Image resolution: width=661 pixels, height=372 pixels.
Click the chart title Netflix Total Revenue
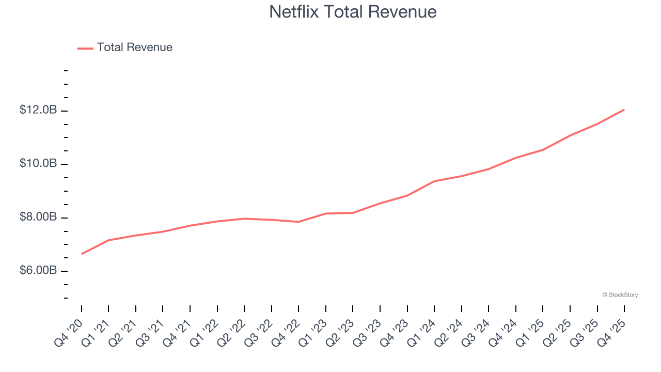pos(353,12)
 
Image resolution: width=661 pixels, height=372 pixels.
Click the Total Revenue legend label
pos(134,48)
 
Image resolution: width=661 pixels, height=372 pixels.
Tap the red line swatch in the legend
pos(85,48)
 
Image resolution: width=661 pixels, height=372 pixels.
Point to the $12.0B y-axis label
pos(38,110)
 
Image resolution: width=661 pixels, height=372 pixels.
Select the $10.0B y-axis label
pos(38,163)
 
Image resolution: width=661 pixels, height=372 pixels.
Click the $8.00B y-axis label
pos(38,217)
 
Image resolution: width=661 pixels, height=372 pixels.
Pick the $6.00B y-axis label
pos(38,271)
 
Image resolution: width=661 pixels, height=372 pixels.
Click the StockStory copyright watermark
pos(620,295)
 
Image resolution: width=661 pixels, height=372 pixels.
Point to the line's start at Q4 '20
pos(82,254)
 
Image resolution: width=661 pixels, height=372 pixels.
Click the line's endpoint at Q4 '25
pos(624,110)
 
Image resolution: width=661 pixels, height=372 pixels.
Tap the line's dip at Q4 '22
pos(298,222)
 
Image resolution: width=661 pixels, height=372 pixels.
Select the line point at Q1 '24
pos(434,181)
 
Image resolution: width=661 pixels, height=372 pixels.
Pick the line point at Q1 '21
pos(108,240)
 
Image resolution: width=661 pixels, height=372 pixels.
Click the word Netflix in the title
pos(294,12)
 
